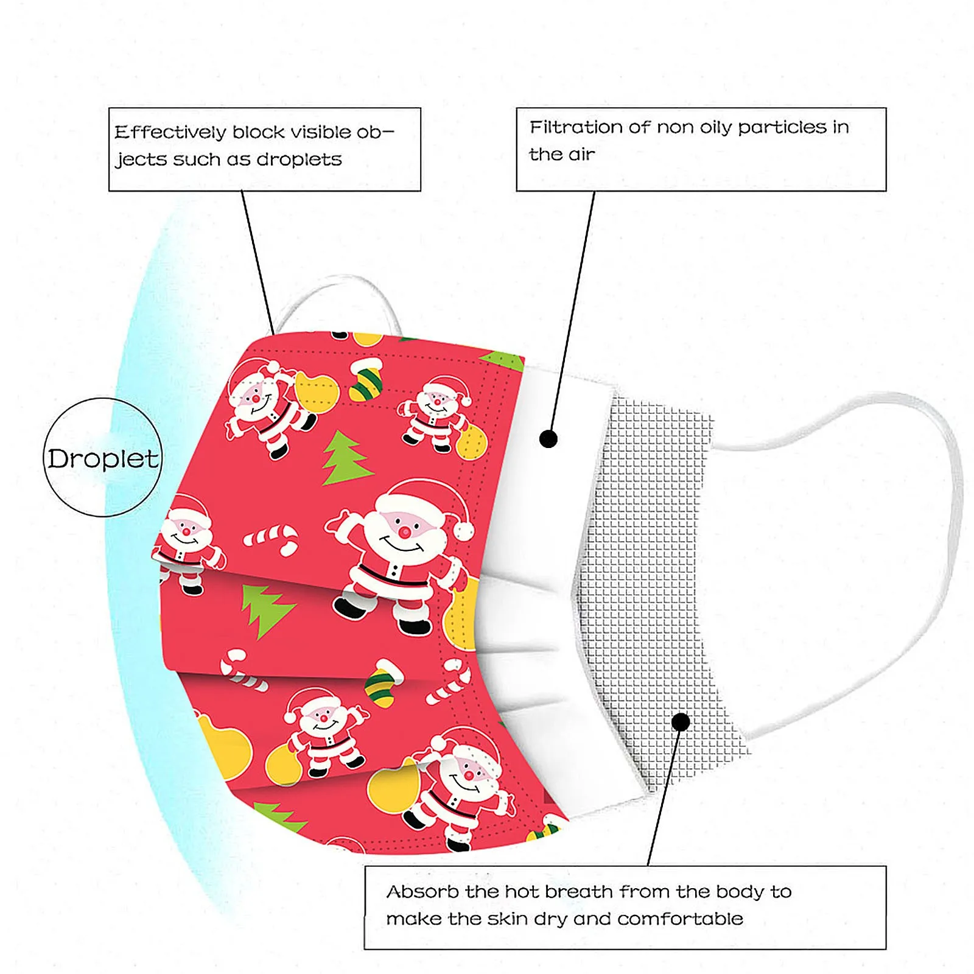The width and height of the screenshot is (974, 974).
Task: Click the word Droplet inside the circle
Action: [x=103, y=458]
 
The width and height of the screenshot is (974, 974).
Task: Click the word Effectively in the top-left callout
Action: [x=170, y=132]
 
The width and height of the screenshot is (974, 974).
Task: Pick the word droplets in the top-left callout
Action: [x=299, y=159]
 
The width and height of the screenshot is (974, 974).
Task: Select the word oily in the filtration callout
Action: [x=716, y=127]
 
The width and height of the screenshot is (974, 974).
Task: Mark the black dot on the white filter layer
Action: [x=548, y=438]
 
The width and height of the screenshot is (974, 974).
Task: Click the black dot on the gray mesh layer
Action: [x=681, y=722]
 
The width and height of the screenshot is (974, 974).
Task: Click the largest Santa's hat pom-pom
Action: [x=464, y=531]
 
